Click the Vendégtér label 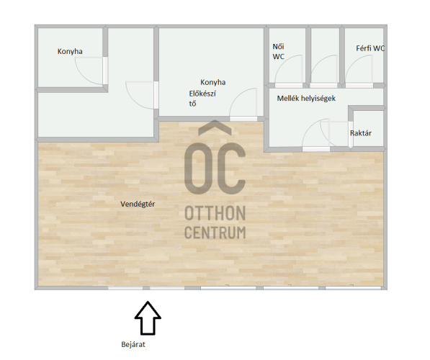pos(138,204)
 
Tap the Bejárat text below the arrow pos(133,344)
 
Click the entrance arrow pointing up pos(148,318)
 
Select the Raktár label pos(361,133)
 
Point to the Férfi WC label pos(370,48)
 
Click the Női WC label pos(278,52)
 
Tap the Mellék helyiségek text pos(306,98)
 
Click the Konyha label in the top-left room pos(70,51)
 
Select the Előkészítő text pos(202,99)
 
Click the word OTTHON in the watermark pos(215,213)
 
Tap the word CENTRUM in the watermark pos(215,233)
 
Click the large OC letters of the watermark pos(215,168)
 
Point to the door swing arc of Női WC pos(282,62)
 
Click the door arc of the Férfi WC pos(353,62)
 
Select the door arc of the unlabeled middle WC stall pos(318,62)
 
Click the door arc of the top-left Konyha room pos(83,76)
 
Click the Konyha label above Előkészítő pos(212,82)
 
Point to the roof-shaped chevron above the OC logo pos(215,127)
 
